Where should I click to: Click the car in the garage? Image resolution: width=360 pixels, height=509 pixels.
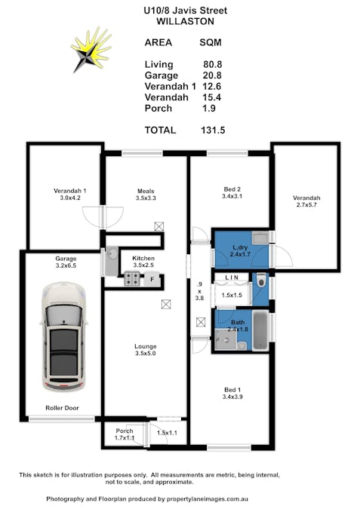64,336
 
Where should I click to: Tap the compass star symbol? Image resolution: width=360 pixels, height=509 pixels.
91,50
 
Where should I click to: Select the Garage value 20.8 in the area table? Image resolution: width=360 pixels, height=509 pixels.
212,75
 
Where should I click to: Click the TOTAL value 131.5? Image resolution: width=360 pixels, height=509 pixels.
213,130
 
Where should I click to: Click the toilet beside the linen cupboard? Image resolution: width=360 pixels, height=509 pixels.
261,281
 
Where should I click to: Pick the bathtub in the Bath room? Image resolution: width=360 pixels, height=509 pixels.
260,330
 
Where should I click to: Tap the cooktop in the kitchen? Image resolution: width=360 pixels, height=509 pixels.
132,279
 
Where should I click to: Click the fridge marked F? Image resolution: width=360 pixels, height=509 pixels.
152,279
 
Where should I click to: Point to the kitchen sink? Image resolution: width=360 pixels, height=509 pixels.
112,262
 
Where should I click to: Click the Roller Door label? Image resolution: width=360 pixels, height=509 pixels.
62,408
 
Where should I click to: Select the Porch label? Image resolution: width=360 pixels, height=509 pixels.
125,431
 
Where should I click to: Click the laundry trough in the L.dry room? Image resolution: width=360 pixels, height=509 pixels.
260,238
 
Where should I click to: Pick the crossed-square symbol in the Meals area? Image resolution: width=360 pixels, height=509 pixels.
159,226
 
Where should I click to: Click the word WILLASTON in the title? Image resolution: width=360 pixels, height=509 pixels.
185,21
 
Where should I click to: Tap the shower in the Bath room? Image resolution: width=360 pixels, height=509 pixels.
226,339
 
